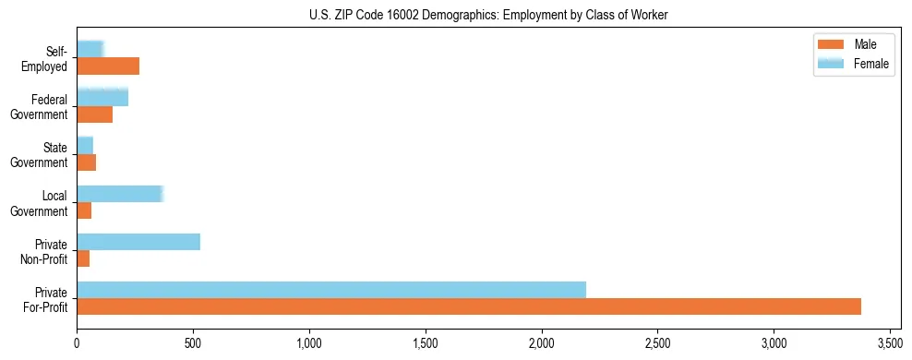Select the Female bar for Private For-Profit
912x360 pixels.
pos(331,290)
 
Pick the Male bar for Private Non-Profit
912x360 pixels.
pos(83,258)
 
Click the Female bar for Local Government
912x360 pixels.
pos(120,194)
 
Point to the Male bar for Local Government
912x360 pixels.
pos(84,210)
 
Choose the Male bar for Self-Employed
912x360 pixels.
pos(108,66)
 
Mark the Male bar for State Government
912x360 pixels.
pos(87,162)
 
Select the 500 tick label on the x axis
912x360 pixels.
pos(193,343)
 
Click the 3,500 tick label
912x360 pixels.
pos(889,343)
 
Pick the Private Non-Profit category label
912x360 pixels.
pos(45,251)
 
